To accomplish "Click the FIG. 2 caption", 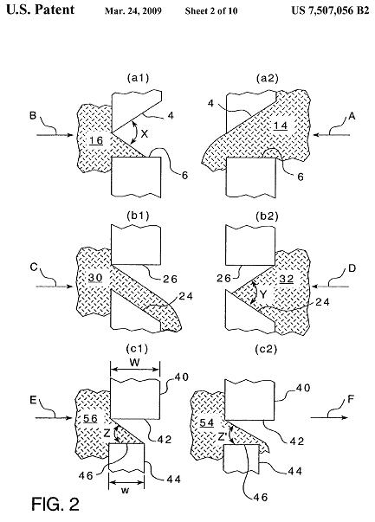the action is [x=55, y=504].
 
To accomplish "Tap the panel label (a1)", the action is [x=139, y=78].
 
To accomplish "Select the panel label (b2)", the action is [x=267, y=216].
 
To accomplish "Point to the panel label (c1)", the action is [x=137, y=349].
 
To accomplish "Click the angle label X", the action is [x=145, y=134].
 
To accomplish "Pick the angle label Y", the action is [x=263, y=294].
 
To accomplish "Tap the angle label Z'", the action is [x=223, y=436].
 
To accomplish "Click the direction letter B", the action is [x=33, y=116].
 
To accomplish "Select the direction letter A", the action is [x=352, y=116].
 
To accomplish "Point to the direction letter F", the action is [x=351, y=399].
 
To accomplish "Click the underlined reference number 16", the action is [x=96, y=141].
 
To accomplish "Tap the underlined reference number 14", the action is [x=281, y=126].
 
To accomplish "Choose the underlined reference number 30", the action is [x=95, y=278].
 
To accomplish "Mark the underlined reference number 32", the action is [x=287, y=279].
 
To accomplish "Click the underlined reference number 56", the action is [x=90, y=419].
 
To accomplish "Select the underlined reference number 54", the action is [x=206, y=422].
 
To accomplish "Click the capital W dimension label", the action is [x=134, y=362].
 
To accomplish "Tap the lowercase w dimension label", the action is [x=125, y=490].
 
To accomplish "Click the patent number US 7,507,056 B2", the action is [x=330, y=10].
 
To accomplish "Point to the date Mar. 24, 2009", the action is [x=133, y=11].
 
